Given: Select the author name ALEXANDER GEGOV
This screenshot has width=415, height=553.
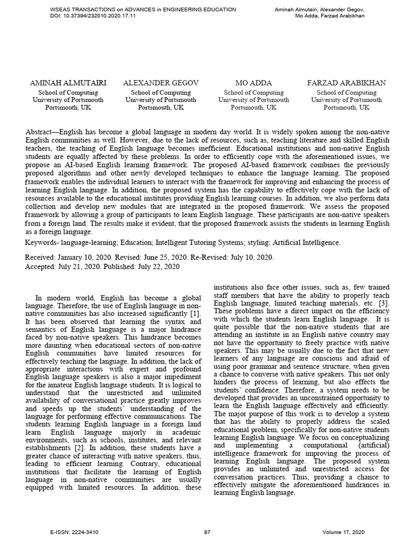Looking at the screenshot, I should tap(160, 83).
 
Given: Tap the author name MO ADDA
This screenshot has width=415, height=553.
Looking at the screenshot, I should tap(254, 83).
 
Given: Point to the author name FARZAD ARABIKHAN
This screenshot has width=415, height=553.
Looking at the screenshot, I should tap(346, 83).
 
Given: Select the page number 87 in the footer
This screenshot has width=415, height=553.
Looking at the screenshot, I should tap(207, 532).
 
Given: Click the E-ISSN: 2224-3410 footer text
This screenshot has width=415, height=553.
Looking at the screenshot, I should tap(74, 532).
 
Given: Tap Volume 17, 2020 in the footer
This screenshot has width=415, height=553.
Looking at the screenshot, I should tap(342, 532).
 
